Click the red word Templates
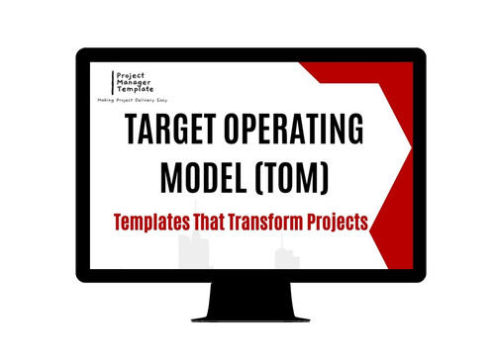tap(155, 224)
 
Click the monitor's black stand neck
tap(248, 298)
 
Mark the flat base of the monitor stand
tap(248, 316)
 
